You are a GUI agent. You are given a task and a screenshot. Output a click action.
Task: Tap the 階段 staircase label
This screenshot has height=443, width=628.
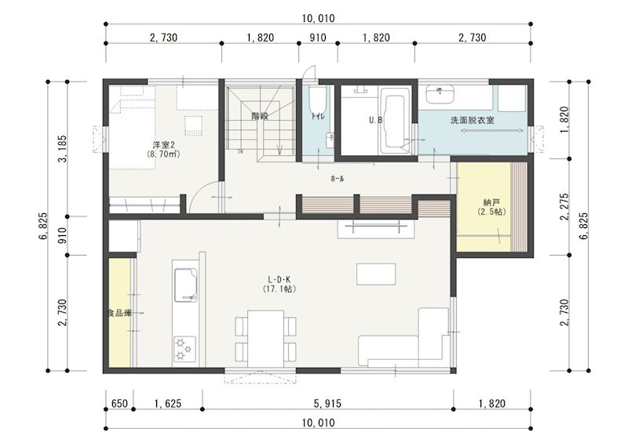[260, 116]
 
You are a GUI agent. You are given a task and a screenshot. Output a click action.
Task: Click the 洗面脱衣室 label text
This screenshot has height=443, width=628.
[472, 122]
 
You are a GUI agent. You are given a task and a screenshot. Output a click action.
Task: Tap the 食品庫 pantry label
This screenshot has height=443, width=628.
[119, 313]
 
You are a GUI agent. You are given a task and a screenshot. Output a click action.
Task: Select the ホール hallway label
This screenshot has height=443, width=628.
[337, 179]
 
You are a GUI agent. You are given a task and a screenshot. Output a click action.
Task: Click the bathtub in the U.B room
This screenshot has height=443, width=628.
[392, 122]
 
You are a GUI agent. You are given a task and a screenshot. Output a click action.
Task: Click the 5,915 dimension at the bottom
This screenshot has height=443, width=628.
[327, 404]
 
